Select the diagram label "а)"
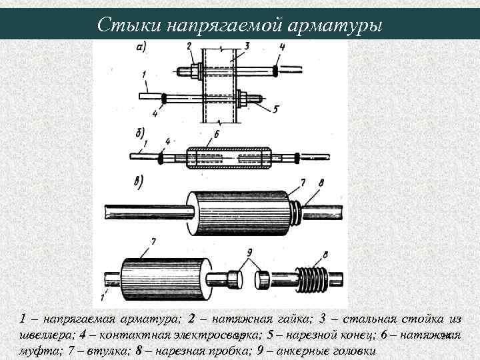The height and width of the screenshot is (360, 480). pos(141,47)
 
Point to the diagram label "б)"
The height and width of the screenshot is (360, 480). pos(139,132)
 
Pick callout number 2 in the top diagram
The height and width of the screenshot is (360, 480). pos(189,46)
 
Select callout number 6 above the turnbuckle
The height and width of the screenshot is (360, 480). pos(213,136)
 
